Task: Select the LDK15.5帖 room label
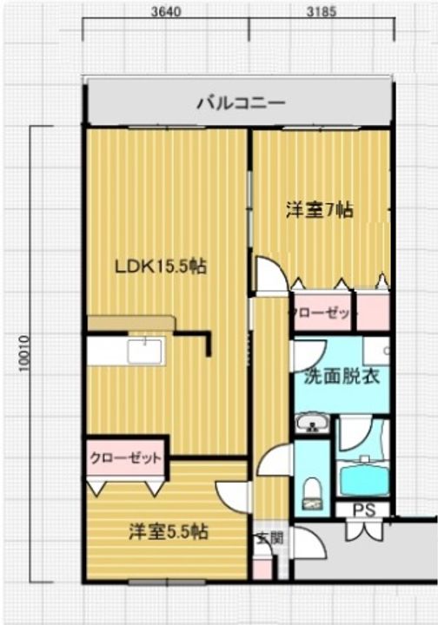160,266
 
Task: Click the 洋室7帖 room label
319,210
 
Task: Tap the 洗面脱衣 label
340,378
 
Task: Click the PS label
364,510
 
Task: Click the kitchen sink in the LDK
144,352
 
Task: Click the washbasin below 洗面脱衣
310,424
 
